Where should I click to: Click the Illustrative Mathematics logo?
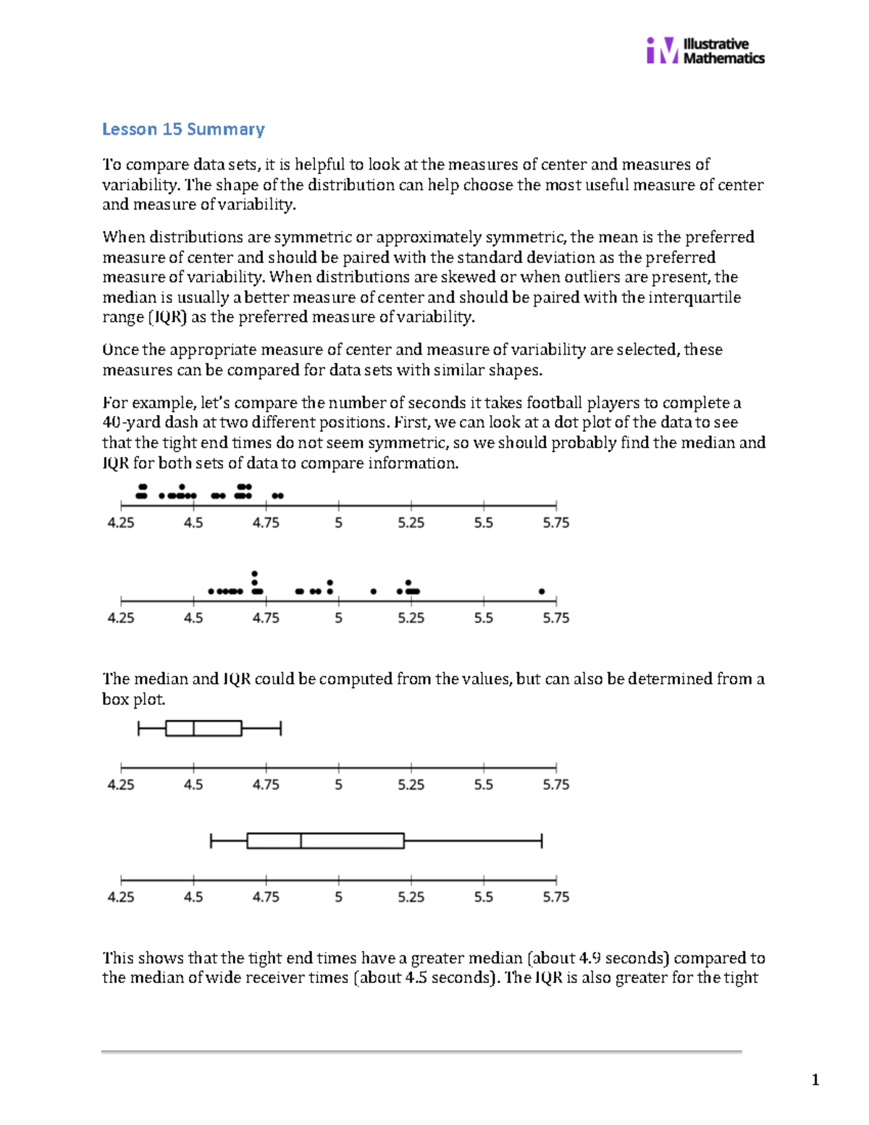[x=705, y=51]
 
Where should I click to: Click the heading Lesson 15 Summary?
[x=183, y=129]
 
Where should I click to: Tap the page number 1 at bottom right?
[x=815, y=1080]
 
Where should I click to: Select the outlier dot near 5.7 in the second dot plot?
[x=542, y=592]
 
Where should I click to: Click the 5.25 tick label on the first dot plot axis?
[x=411, y=523]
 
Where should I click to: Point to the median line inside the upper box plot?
[x=193, y=728]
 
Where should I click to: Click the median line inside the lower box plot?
[x=301, y=840]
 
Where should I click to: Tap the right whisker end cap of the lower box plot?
[x=542, y=840]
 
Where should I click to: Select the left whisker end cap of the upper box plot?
[x=138, y=728]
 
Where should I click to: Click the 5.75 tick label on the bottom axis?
[x=555, y=897]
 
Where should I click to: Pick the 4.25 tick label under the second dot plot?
[x=121, y=618]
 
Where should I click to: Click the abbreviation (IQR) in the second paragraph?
[x=167, y=317]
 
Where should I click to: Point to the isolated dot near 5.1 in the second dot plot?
[x=374, y=592]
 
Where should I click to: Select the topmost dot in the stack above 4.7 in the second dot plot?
[x=254, y=574]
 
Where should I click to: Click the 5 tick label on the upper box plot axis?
[x=338, y=785]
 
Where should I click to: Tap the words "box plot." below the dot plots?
[x=134, y=699]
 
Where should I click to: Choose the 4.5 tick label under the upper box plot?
[x=193, y=785]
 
